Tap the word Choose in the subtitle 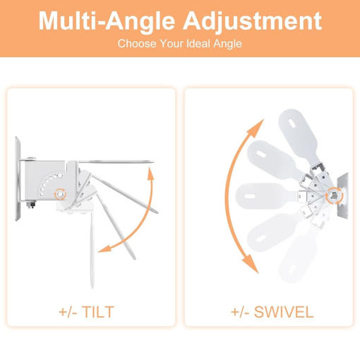(x=137, y=44)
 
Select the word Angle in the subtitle (x=228, y=44)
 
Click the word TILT (x=98, y=312)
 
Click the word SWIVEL (x=284, y=312)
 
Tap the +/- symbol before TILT (x=68, y=312)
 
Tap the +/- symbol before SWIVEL (x=240, y=312)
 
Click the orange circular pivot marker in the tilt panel (x=60, y=194)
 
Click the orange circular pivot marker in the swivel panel (x=335, y=196)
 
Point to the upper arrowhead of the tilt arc (x=150, y=172)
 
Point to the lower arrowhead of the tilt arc (x=104, y=248)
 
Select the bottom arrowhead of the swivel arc (x=251, y=263)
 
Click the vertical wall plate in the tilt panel (x=18, y=179)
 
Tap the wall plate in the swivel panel (x=343, y=196)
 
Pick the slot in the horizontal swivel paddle (x=249, y=196)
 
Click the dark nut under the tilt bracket (x=31, y=205)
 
